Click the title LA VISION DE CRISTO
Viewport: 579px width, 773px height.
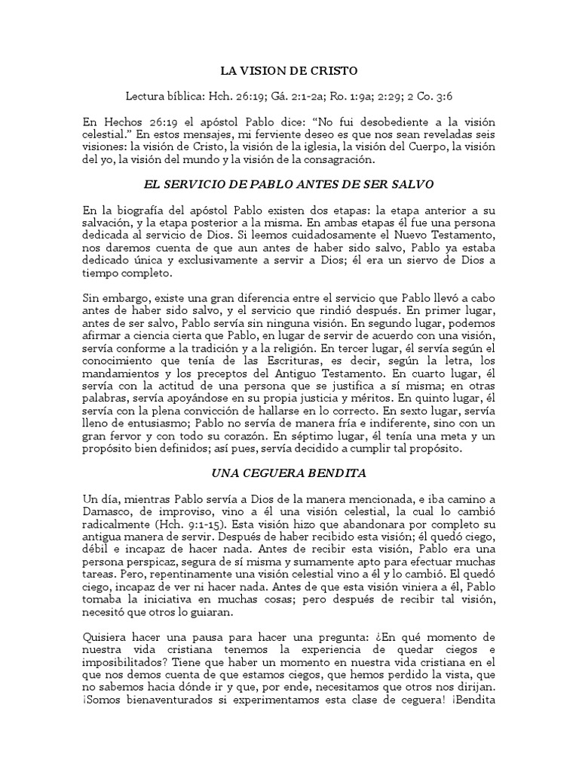289,71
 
